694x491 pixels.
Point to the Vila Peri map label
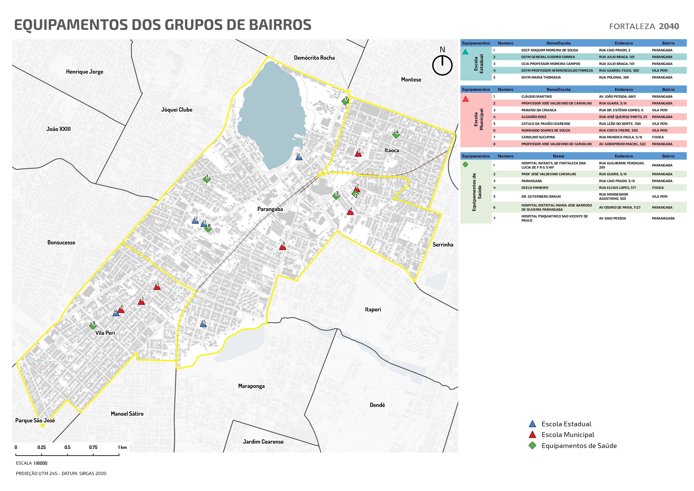point(105,333)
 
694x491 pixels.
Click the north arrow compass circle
point(442,65)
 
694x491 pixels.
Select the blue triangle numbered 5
point(203,324)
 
